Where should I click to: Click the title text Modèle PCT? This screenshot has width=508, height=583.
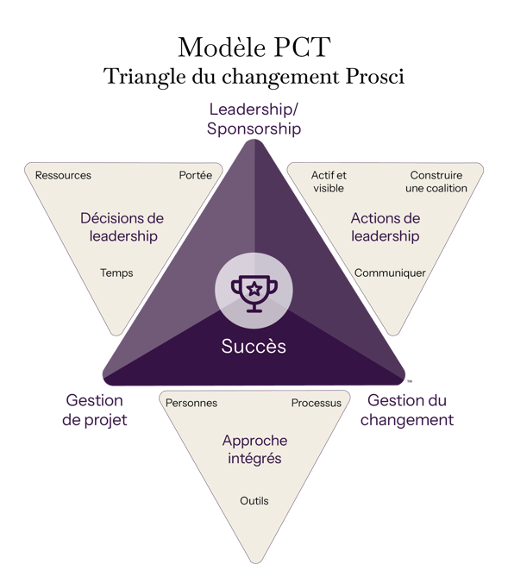tap(254, 47)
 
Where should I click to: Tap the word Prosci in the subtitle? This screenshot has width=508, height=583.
tap(375, 77)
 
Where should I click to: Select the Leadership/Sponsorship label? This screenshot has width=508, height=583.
tap(254, 119)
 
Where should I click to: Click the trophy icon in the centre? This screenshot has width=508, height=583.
tap(254, 293)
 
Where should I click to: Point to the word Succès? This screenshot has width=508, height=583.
tap(254, 346)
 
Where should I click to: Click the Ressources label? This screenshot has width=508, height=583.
tap(63, 175)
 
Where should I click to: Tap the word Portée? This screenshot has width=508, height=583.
tap(196, 175)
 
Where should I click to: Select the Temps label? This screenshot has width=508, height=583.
tap(116, 273)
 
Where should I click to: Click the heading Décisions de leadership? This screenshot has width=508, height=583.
tap(122, 227)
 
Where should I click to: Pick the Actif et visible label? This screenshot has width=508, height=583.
tap(329, 181)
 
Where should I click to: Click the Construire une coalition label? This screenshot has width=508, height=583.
tap(436, 181)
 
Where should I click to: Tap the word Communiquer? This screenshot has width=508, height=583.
tap(390, 273)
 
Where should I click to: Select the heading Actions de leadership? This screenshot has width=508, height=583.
tap(386, 227)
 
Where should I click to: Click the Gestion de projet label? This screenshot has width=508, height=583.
tap(95, 411)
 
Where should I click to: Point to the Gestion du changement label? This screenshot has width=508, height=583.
tap(407, 411)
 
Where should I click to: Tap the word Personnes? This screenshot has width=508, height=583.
tap(191, 403)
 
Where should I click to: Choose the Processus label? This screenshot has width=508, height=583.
tap(317, 403)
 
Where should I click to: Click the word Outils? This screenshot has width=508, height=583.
tap(254, 501)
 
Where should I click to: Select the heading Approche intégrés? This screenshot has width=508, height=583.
tap(254, 449)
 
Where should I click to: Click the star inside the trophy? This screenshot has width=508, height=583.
tap(254, 289)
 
